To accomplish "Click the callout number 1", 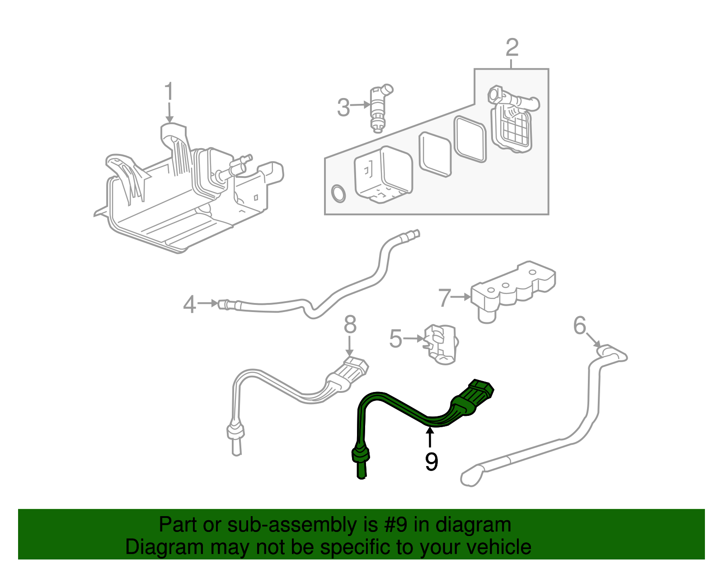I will click(x=169, y=92).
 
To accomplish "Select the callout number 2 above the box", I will click(x=512, y=48).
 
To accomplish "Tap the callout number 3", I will click(x=343, y=107).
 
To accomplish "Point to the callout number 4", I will click(x=189, y=304).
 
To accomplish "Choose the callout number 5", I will click(x=395, y=339).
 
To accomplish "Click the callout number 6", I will click(x=579, y=326).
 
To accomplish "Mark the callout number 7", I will click(x=445, y=298).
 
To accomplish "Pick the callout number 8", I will click(x=350, y=325).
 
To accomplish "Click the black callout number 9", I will click(x=432, y=461).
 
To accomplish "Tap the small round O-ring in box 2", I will click(x=338, y=193).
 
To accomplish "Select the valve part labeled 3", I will click(x=378, y=107).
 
